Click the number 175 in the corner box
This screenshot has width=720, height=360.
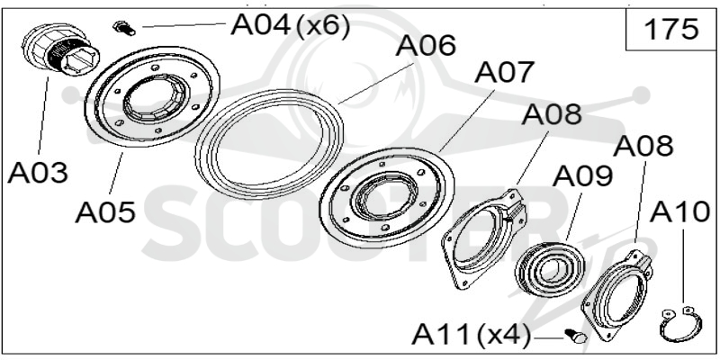tap(671, 30)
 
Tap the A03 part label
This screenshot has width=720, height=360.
tap(38, 173)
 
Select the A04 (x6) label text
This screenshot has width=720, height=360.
tap(290, 25)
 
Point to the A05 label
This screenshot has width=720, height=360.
tap(105, 212)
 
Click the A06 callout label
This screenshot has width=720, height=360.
tap(427, 46)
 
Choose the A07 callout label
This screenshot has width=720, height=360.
tap(505, 72)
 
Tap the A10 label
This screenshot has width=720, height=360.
tap(679, 211)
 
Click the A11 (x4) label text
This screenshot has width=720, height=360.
tap(471, 334)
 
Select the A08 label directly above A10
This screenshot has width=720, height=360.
tap(643, 146)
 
